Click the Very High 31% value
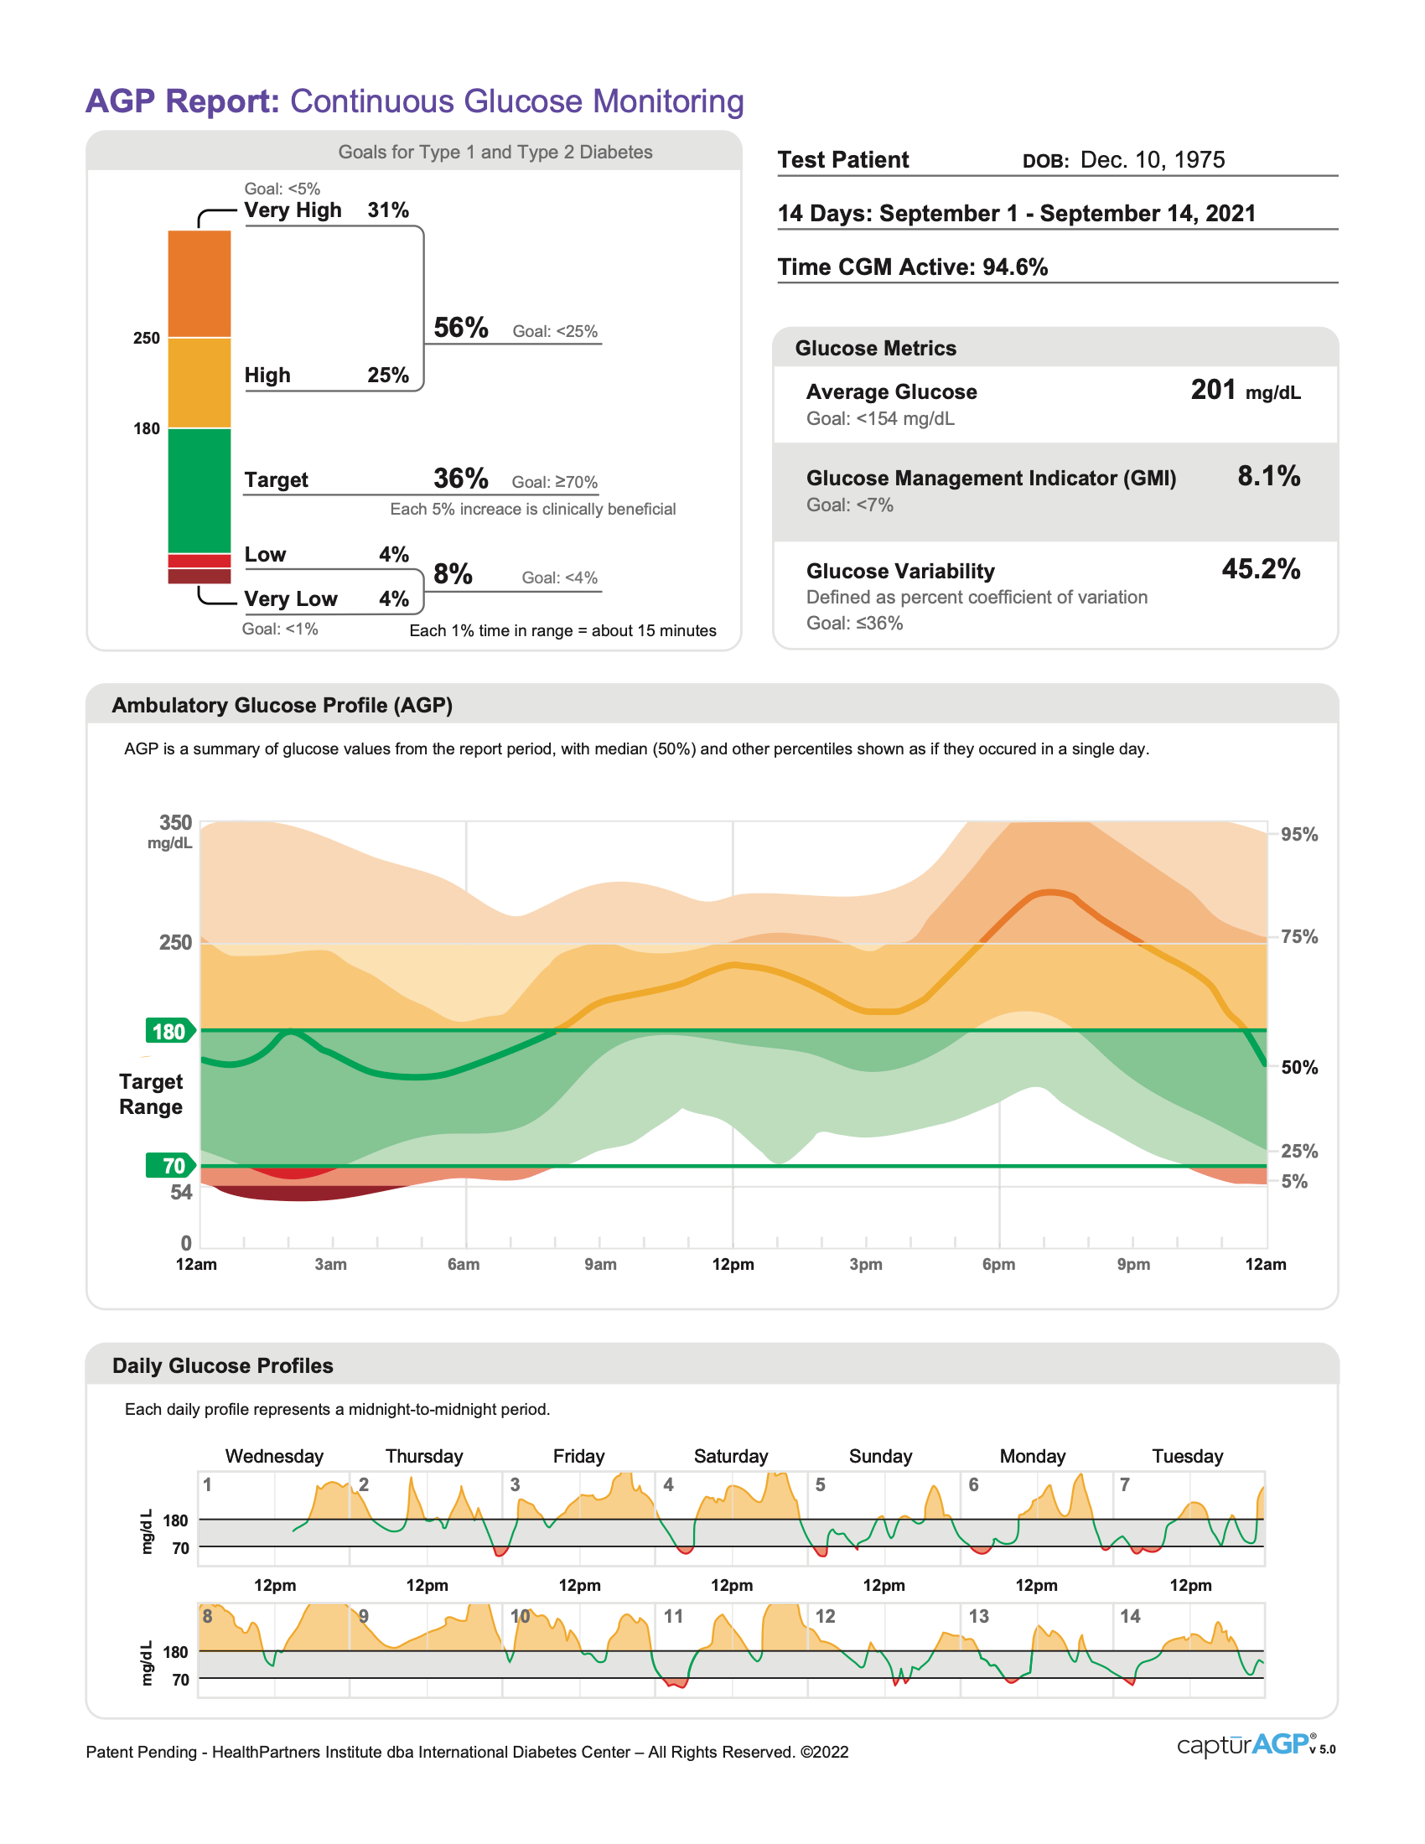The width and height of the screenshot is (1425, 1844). coord(387,210)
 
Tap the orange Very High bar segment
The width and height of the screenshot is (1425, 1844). coord(199,282)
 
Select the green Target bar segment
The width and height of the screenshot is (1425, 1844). coord(199,489)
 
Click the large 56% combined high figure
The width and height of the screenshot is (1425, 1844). coord(460,328)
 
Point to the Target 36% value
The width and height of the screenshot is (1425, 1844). coord(460,479)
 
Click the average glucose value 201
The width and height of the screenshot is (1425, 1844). coord(1212,390)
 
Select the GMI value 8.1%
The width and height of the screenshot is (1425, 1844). coord(1268,476)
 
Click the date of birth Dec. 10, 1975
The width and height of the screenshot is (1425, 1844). coord(1152,159)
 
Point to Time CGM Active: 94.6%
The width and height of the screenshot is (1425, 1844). coord(912,267)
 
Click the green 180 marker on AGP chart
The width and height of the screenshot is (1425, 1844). coord(168,1031)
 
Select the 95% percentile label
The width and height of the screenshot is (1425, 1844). coord(1298,834)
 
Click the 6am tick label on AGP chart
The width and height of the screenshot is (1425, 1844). coord(464,1264)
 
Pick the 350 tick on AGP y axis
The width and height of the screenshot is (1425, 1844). coord(175,822)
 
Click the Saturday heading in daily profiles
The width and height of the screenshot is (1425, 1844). coord(730,1456)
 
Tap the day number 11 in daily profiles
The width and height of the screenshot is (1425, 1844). coord(673,1616)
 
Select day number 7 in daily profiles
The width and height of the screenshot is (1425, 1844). coord(1124,1484)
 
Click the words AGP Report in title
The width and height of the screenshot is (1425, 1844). coord(183,101)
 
